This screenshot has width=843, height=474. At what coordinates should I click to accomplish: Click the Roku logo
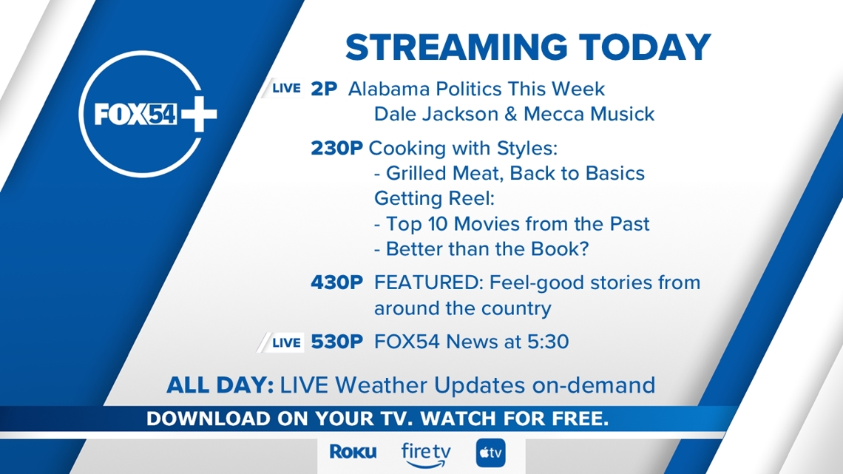[353, 452]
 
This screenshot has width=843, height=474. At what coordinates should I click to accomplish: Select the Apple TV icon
[491, 453]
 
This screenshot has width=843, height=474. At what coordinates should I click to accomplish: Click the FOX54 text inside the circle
[135, 114]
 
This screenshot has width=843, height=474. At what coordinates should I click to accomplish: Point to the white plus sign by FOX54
[198, 114]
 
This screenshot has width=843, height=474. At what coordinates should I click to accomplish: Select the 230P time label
[337, 149]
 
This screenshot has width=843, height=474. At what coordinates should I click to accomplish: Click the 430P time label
[337, 282]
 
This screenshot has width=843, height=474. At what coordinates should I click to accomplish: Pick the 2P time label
[324, 89]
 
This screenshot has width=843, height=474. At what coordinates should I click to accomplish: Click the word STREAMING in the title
[456, 47]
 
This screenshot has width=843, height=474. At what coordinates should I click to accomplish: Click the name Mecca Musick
[589, 114]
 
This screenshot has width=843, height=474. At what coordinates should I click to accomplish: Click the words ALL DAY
[220, 385]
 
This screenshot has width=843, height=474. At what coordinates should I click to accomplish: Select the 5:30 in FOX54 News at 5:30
[548, 342]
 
